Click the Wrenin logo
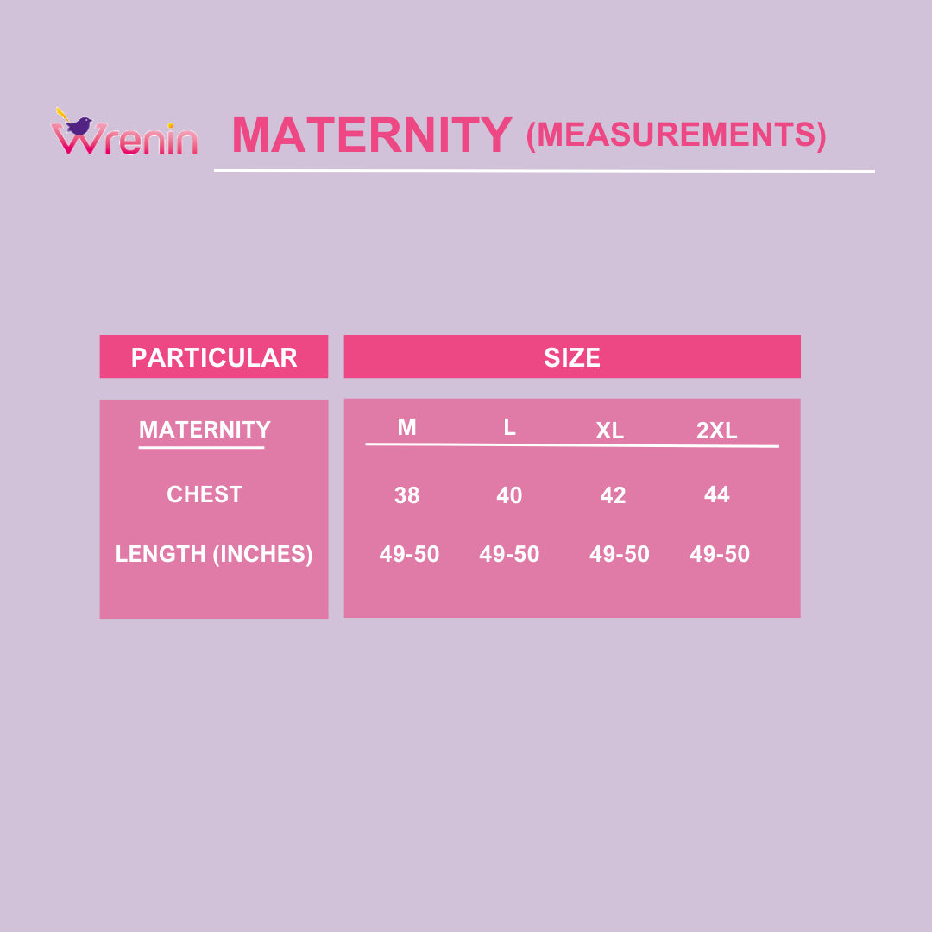(125, 131)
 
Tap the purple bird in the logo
(79, 125)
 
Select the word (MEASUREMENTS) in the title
(676, 135)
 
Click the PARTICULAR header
(214, 357)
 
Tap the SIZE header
(572, 357)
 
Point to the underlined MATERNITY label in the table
(205, 429)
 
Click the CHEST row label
(205, 494)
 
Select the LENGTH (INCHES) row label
(214, 554)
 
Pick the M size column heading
(406, 427)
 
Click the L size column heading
(509, 427)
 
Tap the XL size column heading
(610, 431)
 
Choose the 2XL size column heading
(717, 431)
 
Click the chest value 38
(407, 495)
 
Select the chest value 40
(509, 495)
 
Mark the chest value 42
(613, 495)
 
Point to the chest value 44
(717, 494)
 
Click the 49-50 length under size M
(410, 554)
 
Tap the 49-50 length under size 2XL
(720, 554)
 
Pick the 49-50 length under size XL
(620, 554)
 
